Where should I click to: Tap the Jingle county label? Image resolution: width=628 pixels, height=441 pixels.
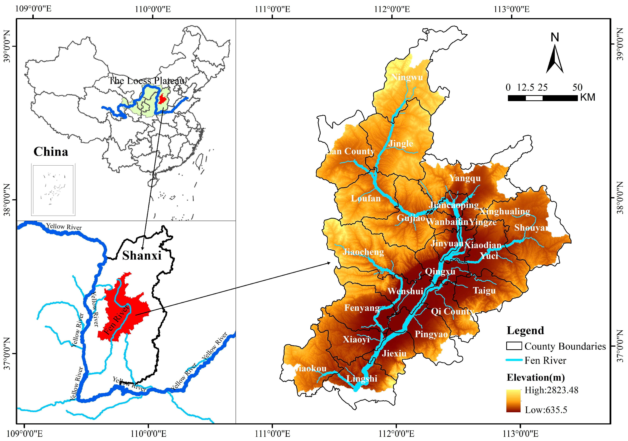click(x=401, y=143)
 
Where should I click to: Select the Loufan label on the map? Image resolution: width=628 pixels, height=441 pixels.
click(x=366, y=198)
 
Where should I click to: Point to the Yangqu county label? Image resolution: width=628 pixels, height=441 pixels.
click(x=465, y=178)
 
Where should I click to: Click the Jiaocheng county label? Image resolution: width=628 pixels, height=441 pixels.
click(x=363, y=252)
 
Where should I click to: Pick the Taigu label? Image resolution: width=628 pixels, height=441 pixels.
click(x=484, y=291)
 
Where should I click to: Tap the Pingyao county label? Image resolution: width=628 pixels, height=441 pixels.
click(x=431, y=334)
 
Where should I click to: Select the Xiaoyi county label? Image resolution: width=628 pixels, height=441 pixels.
click(x=356, y=339)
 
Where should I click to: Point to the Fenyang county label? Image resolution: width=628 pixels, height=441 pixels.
click(x=362, y=308)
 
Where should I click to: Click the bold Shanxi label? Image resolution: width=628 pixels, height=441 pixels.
click(x=142, y=256)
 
